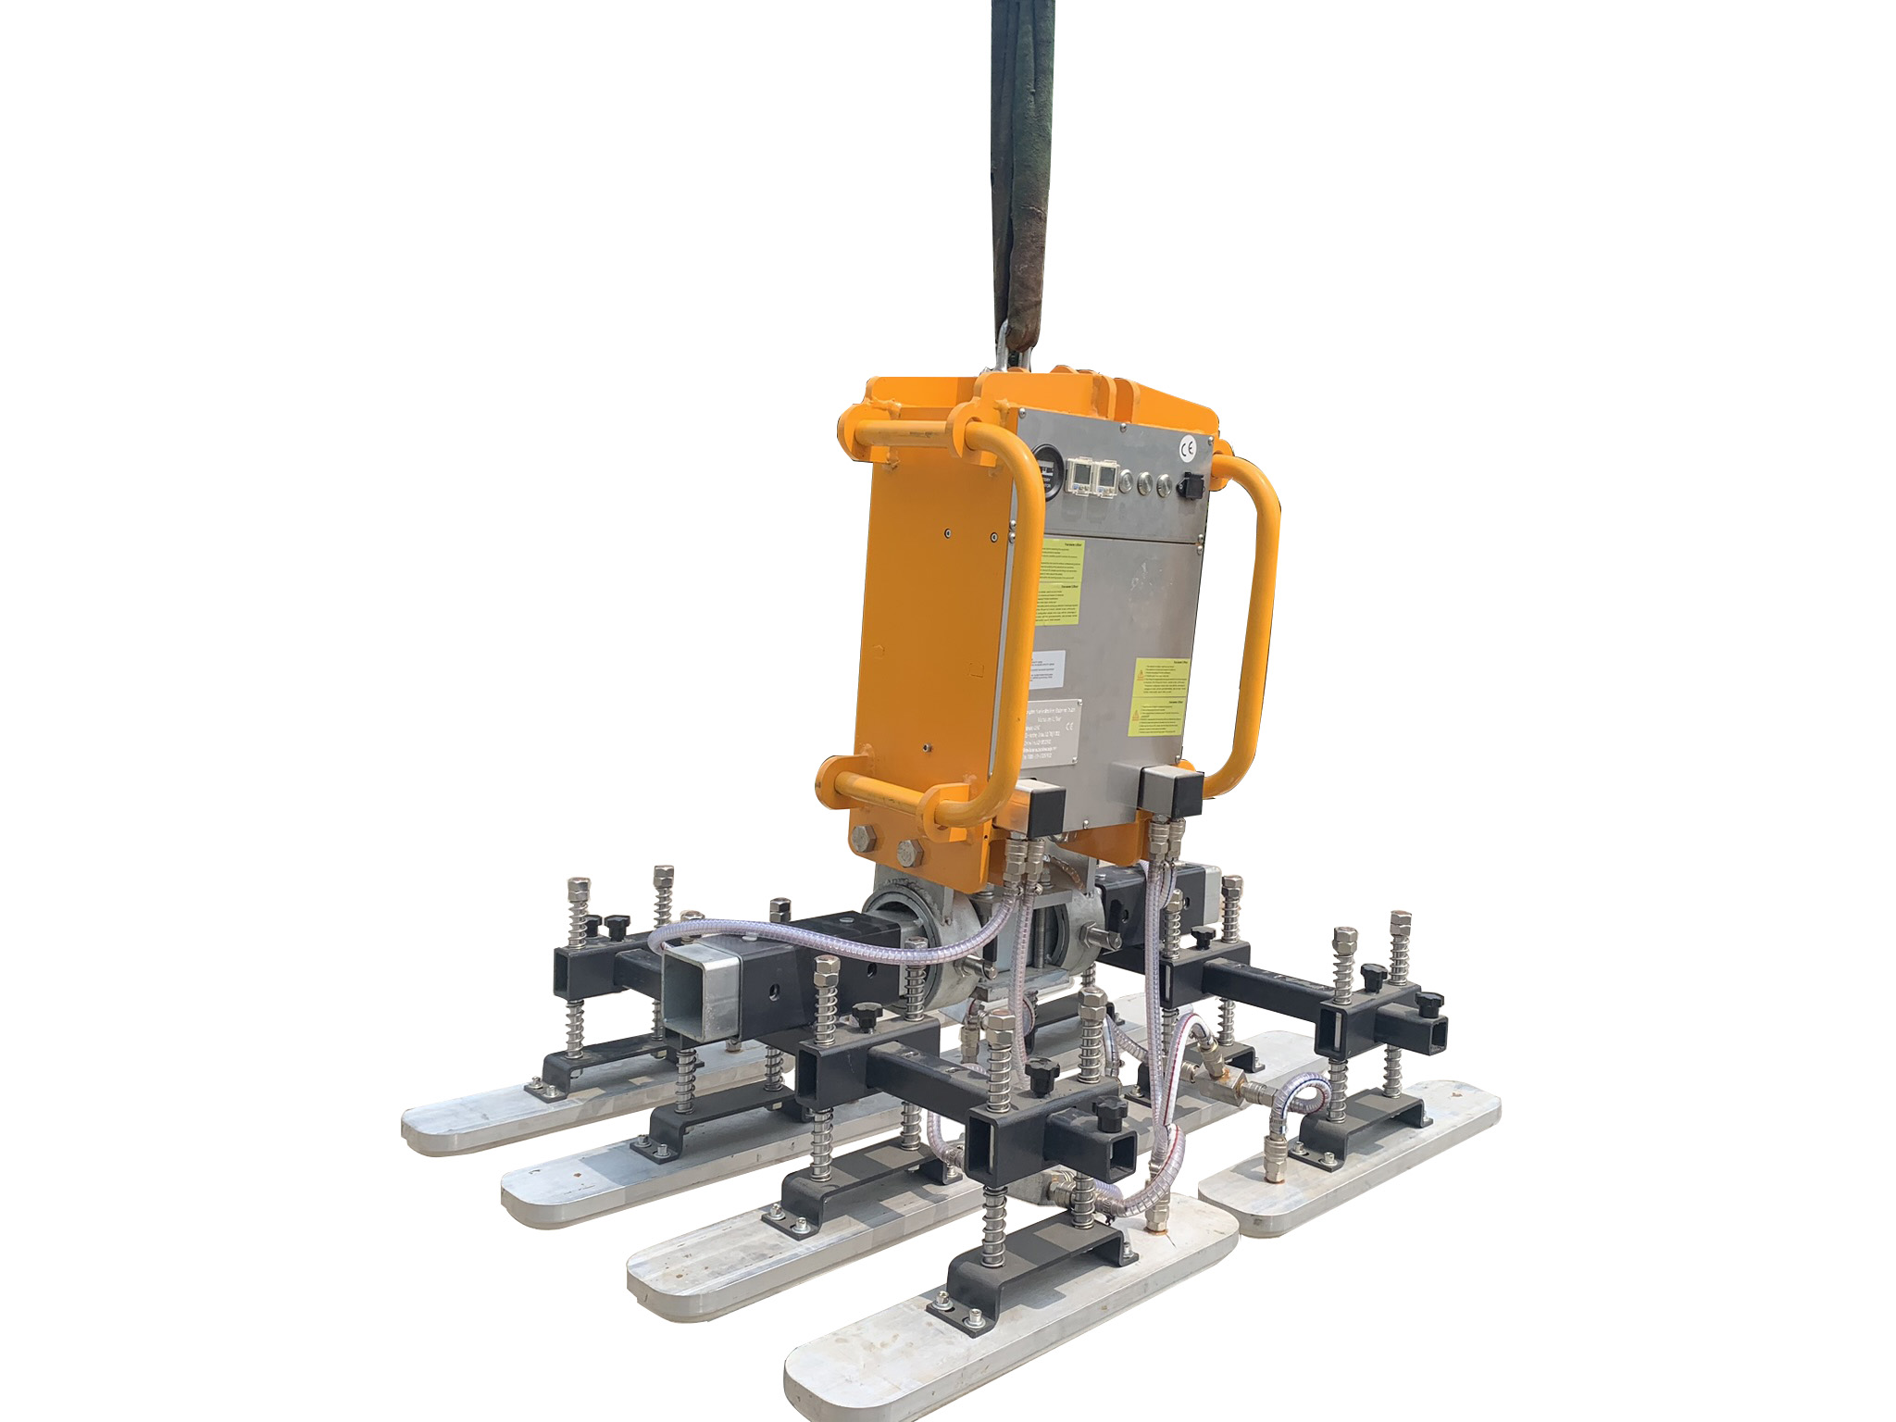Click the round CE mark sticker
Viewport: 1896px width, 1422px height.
[1188, 449]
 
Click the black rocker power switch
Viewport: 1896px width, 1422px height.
[1193, 485]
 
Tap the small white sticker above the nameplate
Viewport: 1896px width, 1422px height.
[1048, 667]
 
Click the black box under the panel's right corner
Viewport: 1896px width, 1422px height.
[1172, 792]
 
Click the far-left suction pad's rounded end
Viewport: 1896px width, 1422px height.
[426, 1131]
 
